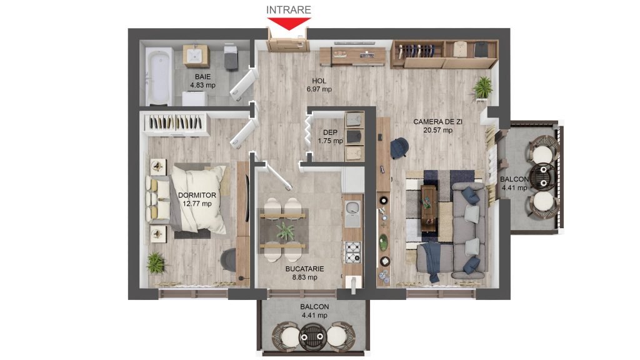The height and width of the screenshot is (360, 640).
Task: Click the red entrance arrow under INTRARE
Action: (289, 24)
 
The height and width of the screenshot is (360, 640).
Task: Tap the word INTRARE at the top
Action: (289, 10)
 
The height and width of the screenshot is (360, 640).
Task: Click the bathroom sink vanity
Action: (196, 56)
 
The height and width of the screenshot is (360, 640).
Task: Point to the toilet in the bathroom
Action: (231, 57)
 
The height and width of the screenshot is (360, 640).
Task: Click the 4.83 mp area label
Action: (202, 85)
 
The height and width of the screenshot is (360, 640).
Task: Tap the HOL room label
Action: (319, 81)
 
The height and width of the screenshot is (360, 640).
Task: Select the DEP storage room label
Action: (330, 132)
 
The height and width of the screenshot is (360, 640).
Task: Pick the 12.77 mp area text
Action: (197, 204)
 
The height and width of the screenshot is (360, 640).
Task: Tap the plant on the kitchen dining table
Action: (285, 231)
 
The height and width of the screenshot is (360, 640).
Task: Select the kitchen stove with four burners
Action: (353, 252)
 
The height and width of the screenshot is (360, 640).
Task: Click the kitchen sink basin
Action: (352, 214)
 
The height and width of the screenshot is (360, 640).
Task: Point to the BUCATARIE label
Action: (304, 269)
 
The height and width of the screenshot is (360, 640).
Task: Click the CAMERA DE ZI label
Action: (437, 122)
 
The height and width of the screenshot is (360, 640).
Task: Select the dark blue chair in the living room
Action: (399, 147)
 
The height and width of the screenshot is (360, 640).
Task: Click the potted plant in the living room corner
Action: (483, 87)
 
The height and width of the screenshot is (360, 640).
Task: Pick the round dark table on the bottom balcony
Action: (312, 337)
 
